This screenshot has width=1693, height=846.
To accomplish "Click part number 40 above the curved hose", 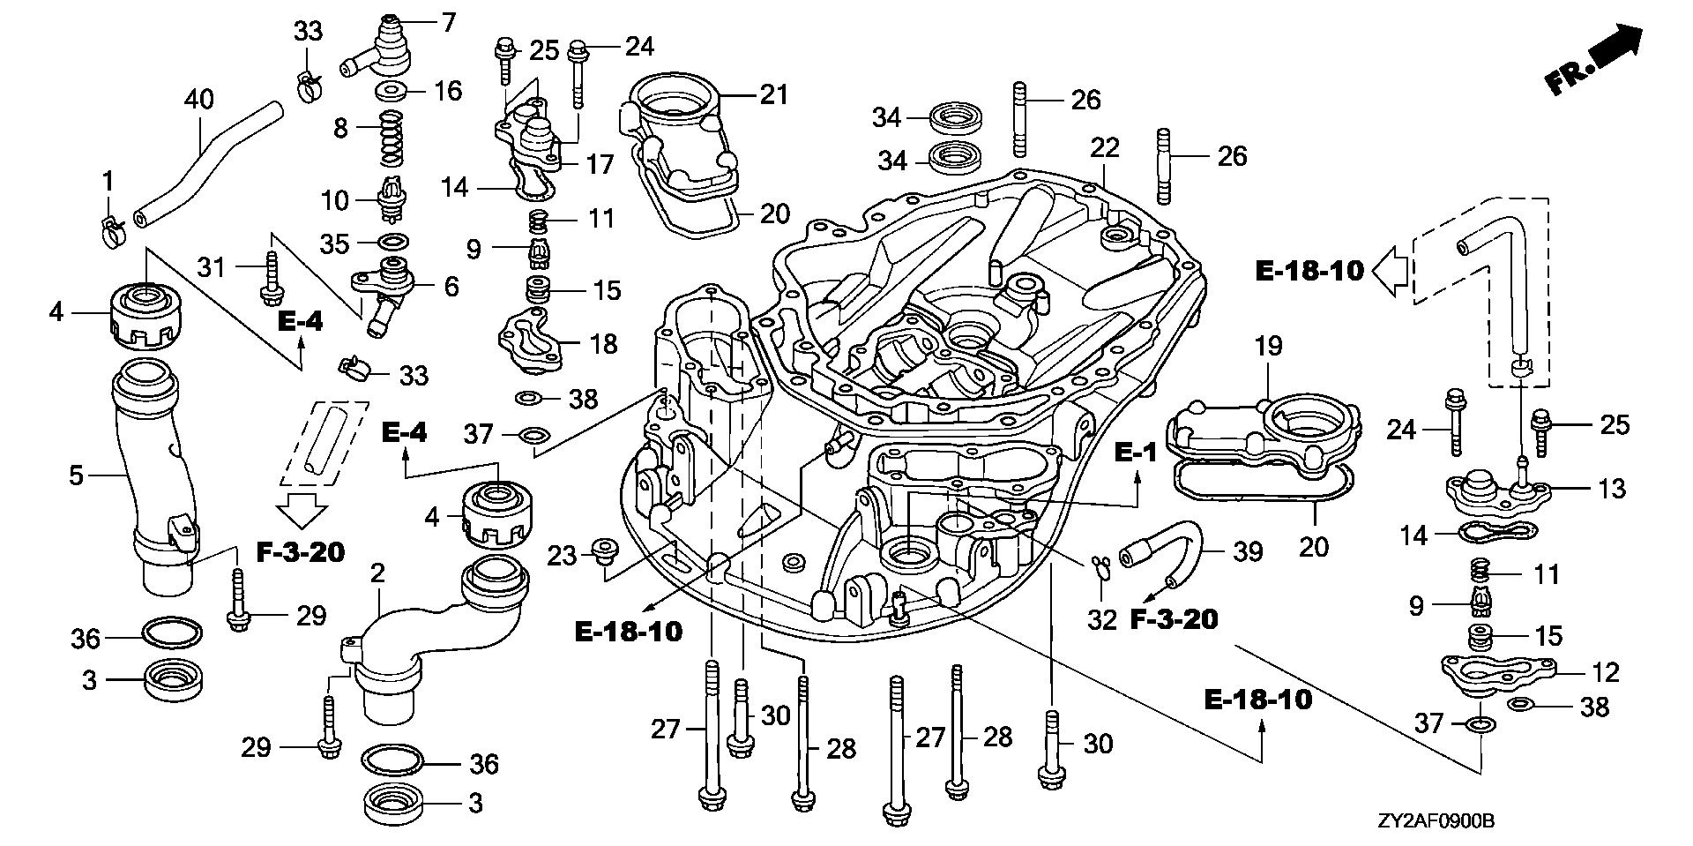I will click(x=198, y=99).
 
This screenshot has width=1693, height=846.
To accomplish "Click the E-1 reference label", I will click(x=1135, y=452).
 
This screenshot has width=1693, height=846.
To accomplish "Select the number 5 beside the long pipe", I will click(x=76, y=476).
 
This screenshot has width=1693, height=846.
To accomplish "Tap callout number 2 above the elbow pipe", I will click(x=377, y=573).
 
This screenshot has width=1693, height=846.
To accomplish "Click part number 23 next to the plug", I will click(x=562, y=555).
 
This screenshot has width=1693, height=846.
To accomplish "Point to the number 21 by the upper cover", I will click(x=773, y=94).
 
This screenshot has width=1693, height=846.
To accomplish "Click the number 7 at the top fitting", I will click(x=449, y=21).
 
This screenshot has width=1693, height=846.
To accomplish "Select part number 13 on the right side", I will click(x=1611, y=487).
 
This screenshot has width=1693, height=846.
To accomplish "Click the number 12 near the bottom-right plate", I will click(x=1607, y=672).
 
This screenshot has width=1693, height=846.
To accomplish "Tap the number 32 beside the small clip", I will click(x=1101, y=619).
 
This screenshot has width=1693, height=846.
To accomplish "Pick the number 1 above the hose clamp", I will click(x=108, y=182).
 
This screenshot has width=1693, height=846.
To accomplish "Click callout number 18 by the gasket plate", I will click(x=603, y=343).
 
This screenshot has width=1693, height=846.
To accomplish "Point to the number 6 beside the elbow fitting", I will click(x=451, y=286).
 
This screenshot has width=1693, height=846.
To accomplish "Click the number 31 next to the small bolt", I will click(x=213, y=266).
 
